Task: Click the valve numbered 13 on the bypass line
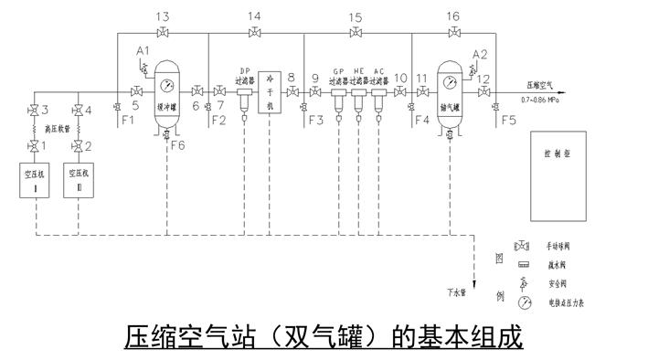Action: pos(164,33)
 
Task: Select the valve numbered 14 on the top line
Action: pos(254,33)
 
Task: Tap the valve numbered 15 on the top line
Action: pos(356,33)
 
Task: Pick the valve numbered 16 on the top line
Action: pos(452,33)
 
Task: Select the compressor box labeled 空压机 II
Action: pos(80,179)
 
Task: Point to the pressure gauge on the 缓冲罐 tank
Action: pos(167,83)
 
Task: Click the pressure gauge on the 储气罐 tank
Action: pos(450,83)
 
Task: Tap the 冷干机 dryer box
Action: pos(271,93)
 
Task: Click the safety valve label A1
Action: pos(142,48)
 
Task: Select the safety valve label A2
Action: pos(481,54)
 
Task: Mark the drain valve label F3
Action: pos(315,120)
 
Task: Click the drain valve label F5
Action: pos(507,120)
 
